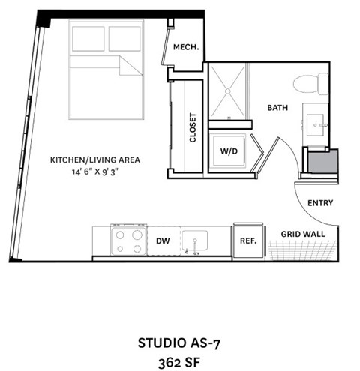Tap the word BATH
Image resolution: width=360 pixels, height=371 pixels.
pos(277,108)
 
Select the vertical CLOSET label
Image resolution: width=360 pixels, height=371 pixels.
pos(193,127)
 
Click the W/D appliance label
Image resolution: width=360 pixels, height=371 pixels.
pos(228,151)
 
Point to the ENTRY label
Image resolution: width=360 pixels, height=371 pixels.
pos(320,202)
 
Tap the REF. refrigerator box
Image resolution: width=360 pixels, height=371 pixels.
pos(248,241)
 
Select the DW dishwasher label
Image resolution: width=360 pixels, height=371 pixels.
pos(163,241)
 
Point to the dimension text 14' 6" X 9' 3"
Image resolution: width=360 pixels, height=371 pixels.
pos(95,172)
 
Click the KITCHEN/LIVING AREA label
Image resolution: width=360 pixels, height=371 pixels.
pos(95,160)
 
